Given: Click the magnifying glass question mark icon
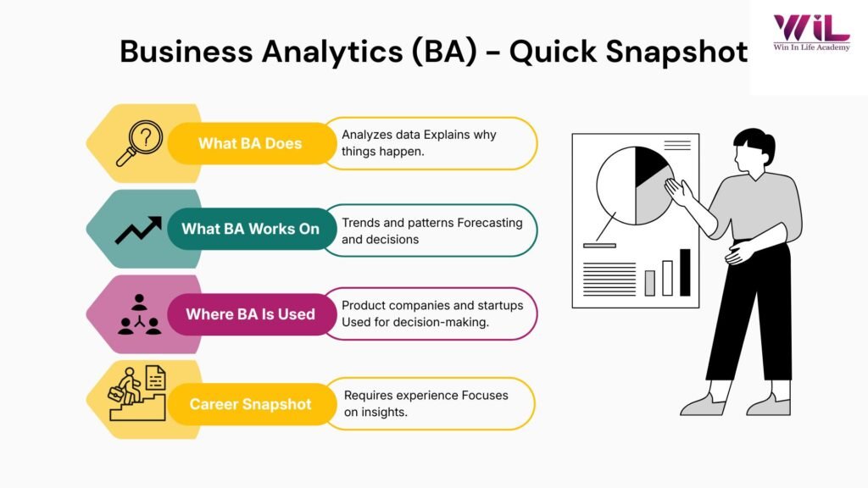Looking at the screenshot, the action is (139, 143).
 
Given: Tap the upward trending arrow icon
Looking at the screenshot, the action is (138, 230).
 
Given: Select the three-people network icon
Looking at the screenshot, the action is (139, 314).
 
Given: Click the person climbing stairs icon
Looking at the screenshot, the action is (136, 393).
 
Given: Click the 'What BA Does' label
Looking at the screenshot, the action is (250, 143).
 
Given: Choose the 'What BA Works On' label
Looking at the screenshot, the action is (250, 229).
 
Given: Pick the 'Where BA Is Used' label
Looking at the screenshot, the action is (250, 314).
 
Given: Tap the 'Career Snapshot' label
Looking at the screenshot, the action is (250, 404).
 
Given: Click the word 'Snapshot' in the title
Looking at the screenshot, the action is (676, 52).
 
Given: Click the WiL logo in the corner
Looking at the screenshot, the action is (811, 28).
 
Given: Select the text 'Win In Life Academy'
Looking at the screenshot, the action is (811, 47).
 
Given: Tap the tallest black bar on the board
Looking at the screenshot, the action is (685, 272).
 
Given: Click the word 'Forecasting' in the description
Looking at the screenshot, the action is (490, 223).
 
